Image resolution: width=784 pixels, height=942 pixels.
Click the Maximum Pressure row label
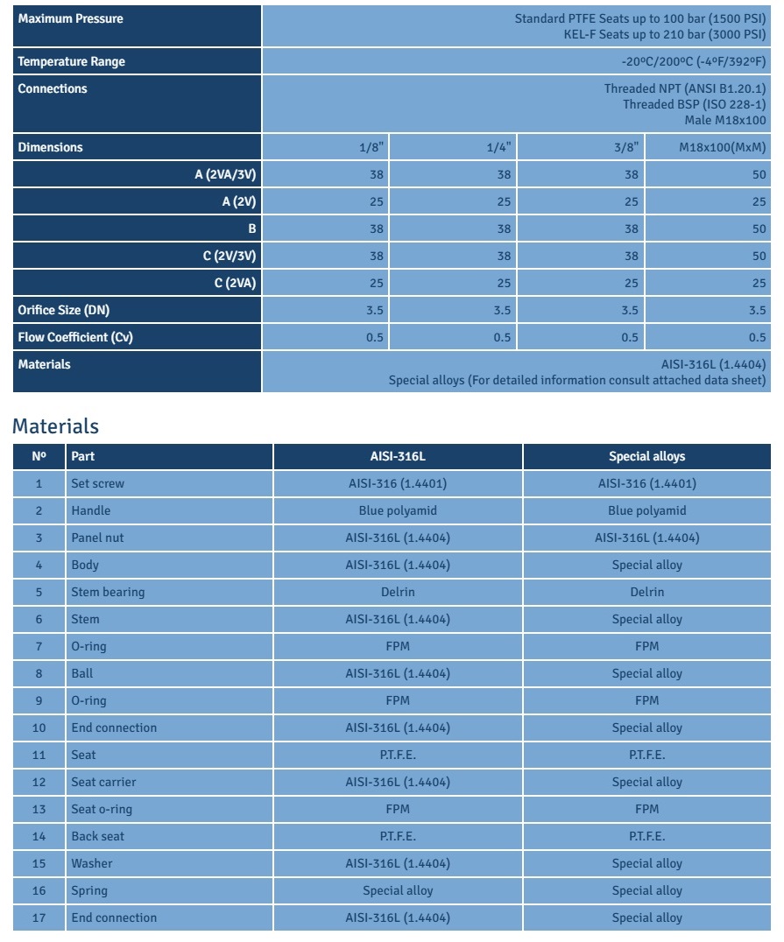[71, 18]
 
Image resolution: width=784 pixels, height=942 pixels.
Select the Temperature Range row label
[72, 61]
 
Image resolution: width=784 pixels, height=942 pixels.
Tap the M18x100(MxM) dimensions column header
[723, 147]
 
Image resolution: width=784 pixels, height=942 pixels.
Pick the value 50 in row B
[759, 228]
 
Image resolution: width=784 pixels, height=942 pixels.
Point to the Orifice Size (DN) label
[64, 310]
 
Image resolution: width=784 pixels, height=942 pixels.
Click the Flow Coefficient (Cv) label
[75, 337]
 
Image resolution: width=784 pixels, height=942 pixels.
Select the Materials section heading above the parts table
[55, 426]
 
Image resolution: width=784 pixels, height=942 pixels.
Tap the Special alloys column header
[646, 456]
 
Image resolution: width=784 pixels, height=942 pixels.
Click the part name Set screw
[98, 483]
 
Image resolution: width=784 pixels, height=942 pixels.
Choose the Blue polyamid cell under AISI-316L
[398, 510]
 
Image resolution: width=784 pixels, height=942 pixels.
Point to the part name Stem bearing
[108, 592]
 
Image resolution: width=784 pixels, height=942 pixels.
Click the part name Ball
[81, 673]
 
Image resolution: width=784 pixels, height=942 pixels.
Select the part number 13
[39, 809]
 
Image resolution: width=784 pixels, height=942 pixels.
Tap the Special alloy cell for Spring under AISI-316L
[398, 890]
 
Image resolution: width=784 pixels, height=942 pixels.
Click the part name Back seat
[98, 836]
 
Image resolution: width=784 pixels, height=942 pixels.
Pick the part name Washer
[92, 863]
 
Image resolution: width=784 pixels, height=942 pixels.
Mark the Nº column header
[39, 456]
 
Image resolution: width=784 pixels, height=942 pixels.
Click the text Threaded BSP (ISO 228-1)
[694, 104]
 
